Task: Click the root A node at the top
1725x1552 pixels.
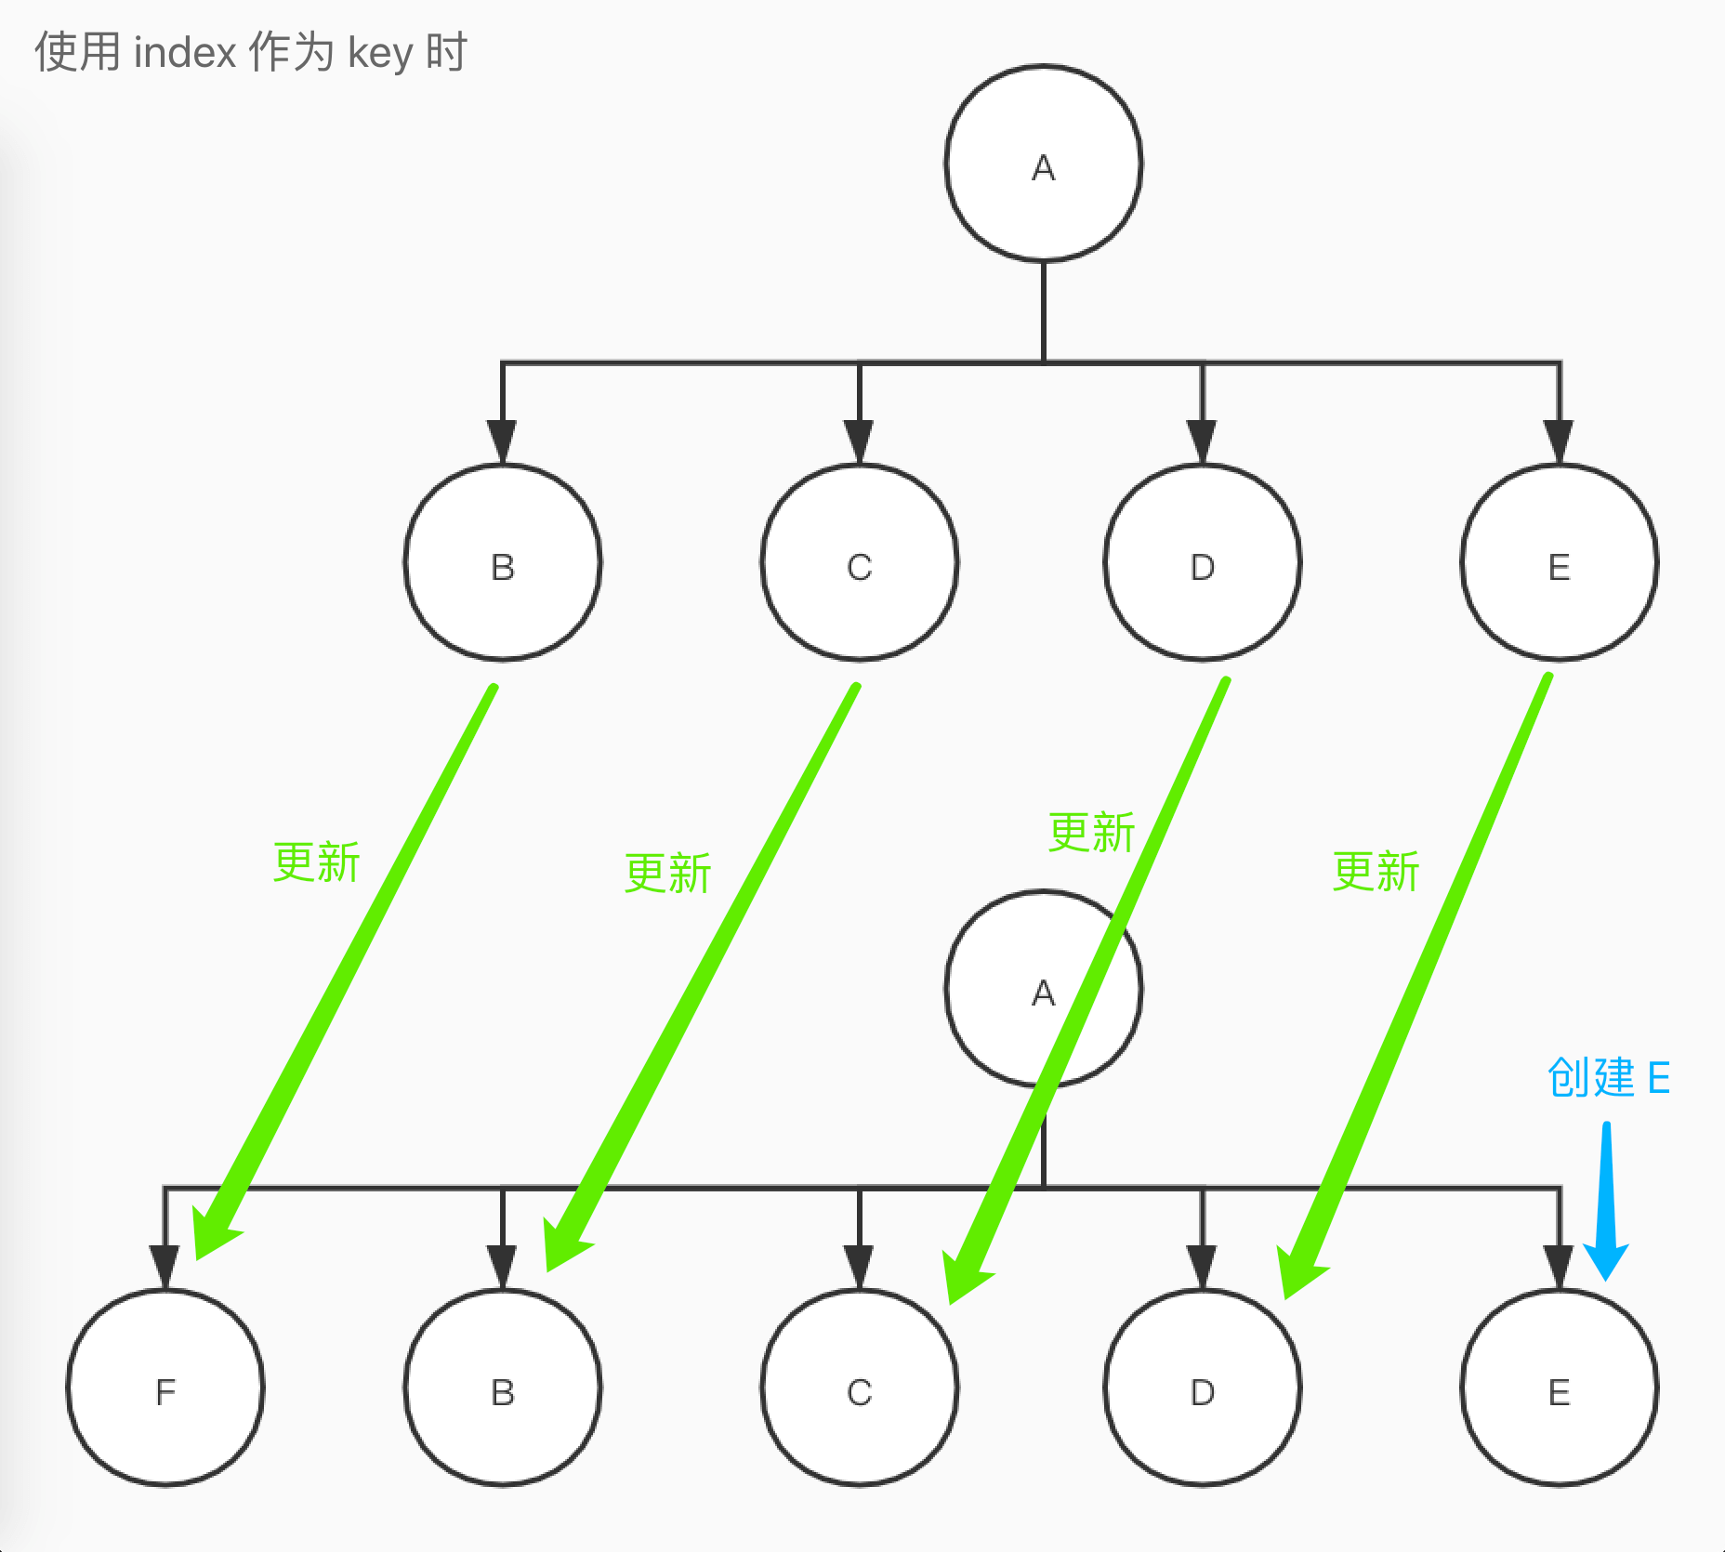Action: coord(1043,164)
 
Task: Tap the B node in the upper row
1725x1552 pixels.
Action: coord(503,563)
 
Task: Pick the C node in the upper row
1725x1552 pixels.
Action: coord(860,563)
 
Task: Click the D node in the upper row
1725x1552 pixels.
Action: coord(1203,563)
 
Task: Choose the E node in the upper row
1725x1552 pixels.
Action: coord(1560,563)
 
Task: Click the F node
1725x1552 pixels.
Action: coord(165,1388)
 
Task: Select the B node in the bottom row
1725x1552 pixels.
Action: coord(503,1388)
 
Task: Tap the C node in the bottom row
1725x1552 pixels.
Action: coord(860,1388)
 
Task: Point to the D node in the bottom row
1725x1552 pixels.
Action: coord(1203,1388)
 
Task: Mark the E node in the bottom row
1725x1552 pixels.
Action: coord(1560,1388)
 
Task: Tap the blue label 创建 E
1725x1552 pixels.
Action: coord(1609,1078)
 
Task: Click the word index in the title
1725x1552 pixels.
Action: coord(185,52)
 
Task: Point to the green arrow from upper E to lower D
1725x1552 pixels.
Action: coord(1422,976)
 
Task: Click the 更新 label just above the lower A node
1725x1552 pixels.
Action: coord(1091,833)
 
